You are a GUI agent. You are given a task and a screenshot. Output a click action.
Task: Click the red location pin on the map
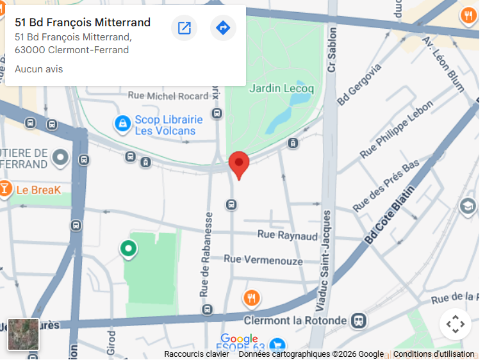239,163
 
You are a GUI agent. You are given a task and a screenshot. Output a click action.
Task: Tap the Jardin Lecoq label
281,88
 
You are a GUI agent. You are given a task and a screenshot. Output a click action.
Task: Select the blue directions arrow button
223,28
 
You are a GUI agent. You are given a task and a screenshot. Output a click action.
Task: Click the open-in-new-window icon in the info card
184,28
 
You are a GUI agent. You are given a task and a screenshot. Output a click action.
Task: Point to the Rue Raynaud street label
287,236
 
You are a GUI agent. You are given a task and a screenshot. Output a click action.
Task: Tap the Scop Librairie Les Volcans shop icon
122,124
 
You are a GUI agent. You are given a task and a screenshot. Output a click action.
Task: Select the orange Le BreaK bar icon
5,189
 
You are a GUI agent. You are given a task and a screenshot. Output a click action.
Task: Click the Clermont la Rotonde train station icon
359,320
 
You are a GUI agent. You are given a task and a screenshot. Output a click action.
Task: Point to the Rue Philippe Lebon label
397,130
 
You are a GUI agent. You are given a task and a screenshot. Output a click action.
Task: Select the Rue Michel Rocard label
168,96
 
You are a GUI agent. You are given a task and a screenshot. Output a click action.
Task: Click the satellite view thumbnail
23,334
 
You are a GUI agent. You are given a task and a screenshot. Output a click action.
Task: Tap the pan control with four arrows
455,324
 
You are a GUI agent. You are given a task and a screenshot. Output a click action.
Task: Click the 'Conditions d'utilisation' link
434,354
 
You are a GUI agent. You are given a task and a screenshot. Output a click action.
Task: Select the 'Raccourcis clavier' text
196,354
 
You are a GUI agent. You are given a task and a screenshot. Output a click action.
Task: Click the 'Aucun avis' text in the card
38,69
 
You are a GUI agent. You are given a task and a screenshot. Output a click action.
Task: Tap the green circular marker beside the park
129,248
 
